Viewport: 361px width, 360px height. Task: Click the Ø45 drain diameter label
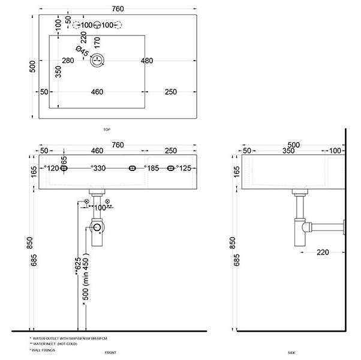click(x=82, y=52)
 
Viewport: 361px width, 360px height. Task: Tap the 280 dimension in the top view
click(x=68, y=60)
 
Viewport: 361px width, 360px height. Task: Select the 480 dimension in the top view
click(x=148, y=60)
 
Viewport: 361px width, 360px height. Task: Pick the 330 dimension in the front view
click(x=99, y=169)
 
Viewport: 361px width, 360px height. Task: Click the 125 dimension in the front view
click(x=185, y=169)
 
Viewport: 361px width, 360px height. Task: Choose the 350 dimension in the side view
click(x=288, y=152)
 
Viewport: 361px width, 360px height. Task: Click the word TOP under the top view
click(x=106, y=130)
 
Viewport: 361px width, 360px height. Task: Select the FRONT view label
click(x=110, y=353)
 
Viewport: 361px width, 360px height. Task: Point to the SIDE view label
click(x=292, y=353)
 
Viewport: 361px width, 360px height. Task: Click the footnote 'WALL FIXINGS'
click(x=44, y=349)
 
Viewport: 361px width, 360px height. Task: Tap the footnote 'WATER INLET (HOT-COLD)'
click(x=55, y=344)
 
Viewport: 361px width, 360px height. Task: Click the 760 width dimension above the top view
click(x=118, y=8)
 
